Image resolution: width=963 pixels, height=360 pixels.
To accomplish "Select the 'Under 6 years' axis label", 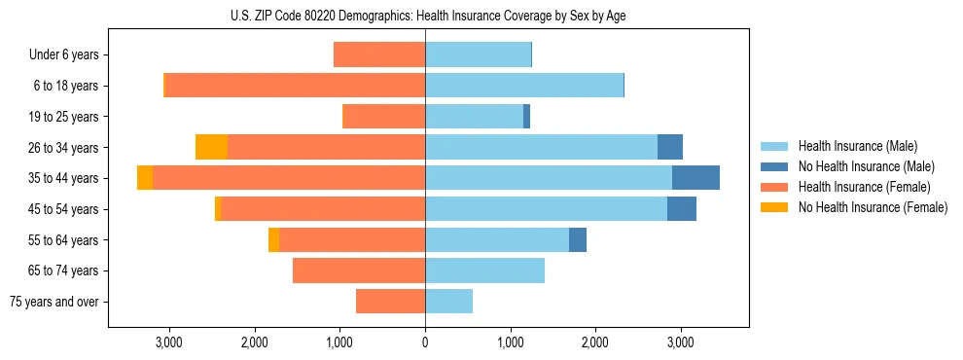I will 63,55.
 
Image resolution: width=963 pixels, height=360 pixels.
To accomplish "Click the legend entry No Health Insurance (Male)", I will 866,166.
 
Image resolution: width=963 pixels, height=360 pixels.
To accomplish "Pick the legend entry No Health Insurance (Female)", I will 873,207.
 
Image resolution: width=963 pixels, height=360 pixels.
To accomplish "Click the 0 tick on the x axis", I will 425,342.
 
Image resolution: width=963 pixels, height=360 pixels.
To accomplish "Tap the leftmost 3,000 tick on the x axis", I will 169,342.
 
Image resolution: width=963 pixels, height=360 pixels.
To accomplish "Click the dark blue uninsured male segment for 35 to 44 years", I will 695,178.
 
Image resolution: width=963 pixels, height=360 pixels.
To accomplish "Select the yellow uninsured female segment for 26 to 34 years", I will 211,147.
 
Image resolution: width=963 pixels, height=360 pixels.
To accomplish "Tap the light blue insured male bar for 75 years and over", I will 448,302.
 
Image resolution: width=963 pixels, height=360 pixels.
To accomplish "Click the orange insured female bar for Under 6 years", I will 379,55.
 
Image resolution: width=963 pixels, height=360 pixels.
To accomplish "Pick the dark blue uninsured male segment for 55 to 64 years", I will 578,239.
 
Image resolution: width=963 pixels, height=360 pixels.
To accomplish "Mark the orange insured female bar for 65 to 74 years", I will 359,270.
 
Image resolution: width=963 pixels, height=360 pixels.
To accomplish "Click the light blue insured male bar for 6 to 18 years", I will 524,86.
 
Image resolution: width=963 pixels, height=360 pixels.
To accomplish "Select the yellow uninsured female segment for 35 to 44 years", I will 145,178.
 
